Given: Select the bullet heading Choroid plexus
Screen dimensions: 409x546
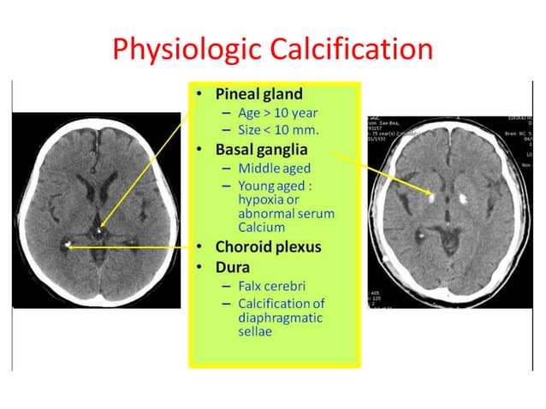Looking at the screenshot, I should coord(268,247).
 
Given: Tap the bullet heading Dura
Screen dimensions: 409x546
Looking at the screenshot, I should coord(230,266).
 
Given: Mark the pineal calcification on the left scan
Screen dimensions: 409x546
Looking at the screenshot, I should coord(101,229).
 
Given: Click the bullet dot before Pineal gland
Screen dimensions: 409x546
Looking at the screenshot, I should coord(199,94).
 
